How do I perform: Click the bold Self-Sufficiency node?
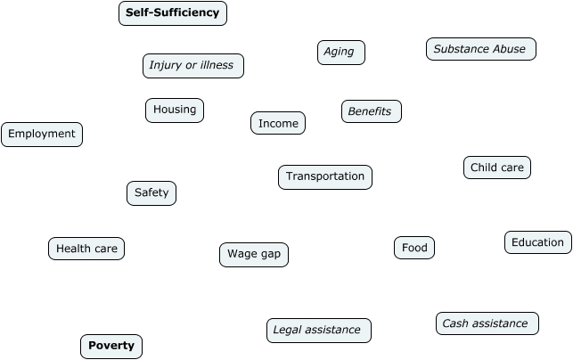[x=173, y=13]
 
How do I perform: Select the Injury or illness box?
[x=192, y=66]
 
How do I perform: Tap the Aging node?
[x=340, y=53]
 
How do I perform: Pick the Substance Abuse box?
[x=480, y=50]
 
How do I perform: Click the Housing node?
[x=175, y=110]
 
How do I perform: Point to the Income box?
[x=278, y=124]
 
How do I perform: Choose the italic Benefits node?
[x=371, y=112]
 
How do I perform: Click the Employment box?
[x=42, y=135]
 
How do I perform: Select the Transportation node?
[x=325, y=177]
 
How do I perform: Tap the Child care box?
[x=497, y=168]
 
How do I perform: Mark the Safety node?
[x=151, y=193]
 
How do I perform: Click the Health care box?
[x=86, y=250]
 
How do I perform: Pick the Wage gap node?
[x=254, y=255]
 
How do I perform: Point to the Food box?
[x=414, y=249]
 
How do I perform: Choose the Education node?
[x=538, y=242]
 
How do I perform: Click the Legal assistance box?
[x=318, y=331]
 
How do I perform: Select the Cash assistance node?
[x=487, y=324]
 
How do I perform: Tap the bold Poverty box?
[x=111, y=347]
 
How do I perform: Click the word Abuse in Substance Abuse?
[x=509, y=50]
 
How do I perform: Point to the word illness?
[x=217, y=66]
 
